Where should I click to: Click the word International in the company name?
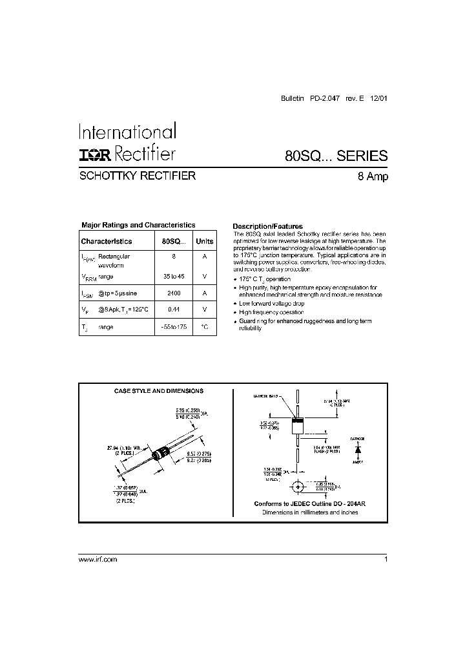[x=127, y=132]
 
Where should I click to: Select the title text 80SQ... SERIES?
[x=336, y=156]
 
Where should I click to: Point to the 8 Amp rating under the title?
[x=373, y=177]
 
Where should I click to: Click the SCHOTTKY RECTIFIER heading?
[x=137, y=175]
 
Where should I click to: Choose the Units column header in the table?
[x=204, y=241]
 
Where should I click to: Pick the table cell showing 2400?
[x=173, y=293]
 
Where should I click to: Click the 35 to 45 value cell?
[x=173, y=276]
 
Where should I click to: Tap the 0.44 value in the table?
[x=173, y=310]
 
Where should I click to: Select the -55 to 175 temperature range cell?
[x=173, y=327]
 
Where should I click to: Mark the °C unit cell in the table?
[x=204, y=327]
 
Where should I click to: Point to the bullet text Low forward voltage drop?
[x=272, y=303]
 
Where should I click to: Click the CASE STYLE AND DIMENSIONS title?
[x=159, y=391]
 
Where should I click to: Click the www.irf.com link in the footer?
[x=98, y=560]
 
